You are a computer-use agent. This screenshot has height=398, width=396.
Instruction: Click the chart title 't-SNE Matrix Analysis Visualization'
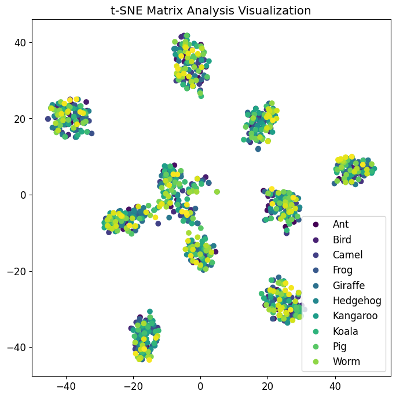[x=211, y=10]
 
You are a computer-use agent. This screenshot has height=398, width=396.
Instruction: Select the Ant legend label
[x=340, y=224]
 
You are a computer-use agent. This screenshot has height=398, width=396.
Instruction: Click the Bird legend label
[x=342, y=239]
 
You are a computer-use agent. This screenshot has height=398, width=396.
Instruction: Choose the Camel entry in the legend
[x=347, y=255]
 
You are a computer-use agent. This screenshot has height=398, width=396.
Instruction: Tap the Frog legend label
[x=343, y=270]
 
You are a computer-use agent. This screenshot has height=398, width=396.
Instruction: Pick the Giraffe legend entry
[x=349, y=285]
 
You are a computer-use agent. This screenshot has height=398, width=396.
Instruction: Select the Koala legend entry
[x=346, y=331]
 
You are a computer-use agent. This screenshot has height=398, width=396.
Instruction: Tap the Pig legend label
[x=339, y=346]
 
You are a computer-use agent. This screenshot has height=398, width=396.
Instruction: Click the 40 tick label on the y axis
[x=20, y=42]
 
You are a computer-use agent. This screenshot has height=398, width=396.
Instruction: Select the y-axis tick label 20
[x=20, y=119]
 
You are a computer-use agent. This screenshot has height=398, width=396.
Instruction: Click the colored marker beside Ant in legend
[x=316, y=224]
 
